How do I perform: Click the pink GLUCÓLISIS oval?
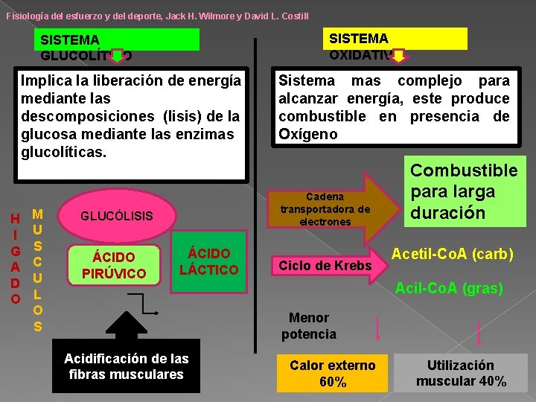coord(117,216)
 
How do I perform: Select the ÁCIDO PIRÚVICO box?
coord(114,265)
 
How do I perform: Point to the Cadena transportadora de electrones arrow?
coord(328,208)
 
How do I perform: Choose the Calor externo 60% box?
coord(333,373)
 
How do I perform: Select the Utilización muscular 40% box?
coord(461,373)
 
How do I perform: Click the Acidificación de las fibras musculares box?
coord(127,366)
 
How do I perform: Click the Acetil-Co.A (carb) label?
coord(452,254)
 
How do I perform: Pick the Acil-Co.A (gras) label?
coord(448,287)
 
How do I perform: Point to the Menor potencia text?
coord(308,326)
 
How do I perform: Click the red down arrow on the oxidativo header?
coord(400,55)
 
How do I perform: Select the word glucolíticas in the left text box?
coord(64,152)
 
